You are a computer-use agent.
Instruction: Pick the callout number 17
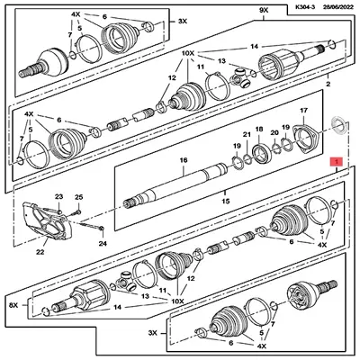point(303,112)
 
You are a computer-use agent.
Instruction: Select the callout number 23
point(58,196)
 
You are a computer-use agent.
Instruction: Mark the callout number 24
point(102,243)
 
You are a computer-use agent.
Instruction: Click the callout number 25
point(78,196)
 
